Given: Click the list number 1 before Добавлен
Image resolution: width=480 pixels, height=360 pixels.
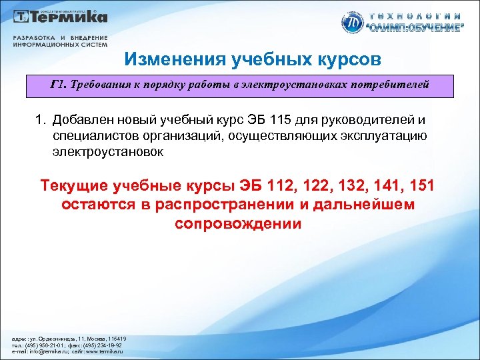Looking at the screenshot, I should coord(39,120).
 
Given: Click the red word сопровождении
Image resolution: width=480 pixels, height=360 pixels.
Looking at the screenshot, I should coord(238,223).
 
